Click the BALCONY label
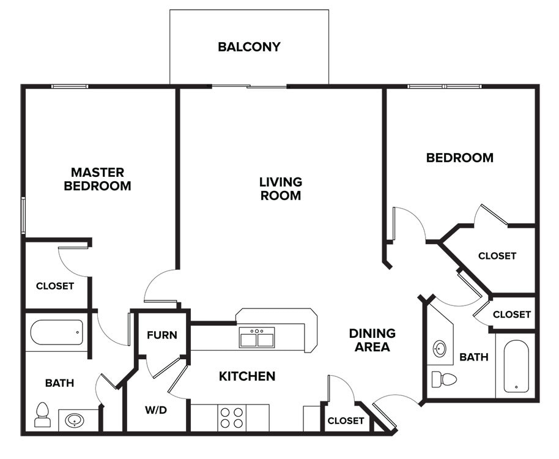pos(249,47)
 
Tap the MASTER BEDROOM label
pos(97,179)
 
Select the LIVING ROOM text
pos(280,188)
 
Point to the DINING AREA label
pos(372,340)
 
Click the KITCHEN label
pos(247,376)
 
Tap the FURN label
pos(162,335)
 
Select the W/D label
pos(156,410)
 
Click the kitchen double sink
pos(257,337)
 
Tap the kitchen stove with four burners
pos(231,418)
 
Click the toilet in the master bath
pos(43,414)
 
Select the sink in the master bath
pos(75,420)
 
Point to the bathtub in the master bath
pos(56,333)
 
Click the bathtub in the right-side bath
pos(516,366)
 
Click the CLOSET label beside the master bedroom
pos(55,286)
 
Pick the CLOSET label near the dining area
pos(346,421)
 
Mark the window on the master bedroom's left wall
pos(23,215)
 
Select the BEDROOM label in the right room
pos(460,158)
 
